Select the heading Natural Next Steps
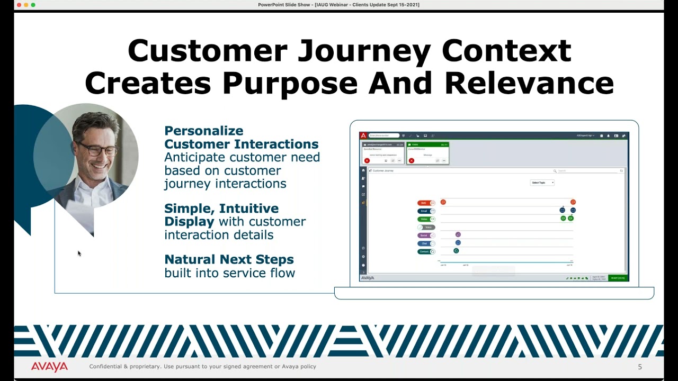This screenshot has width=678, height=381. tap(229, 259)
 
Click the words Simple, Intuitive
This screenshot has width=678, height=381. tap(221, 208)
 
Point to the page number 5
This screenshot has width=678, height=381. tap(639, 367)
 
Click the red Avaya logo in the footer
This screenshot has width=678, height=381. tap(49, 367)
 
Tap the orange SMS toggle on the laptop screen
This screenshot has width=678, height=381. tap(426, 203)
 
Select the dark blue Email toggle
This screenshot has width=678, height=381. tap(426, 211)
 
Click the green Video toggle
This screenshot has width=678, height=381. tap(426, 219)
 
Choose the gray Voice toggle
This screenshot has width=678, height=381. tap(426, 227)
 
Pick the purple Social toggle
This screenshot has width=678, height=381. tap(426, 235)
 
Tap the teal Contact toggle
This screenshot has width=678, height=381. tap(426, 251)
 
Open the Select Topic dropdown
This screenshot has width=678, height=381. tap(542, 183)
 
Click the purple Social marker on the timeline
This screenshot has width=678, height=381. tap(458, 234)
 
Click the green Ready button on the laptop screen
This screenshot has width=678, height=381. tap(618, 278)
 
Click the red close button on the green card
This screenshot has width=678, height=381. tap(412, 160)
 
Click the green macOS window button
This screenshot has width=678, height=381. tap(33, 5)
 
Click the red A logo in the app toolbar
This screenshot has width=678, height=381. tap(363, 135)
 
